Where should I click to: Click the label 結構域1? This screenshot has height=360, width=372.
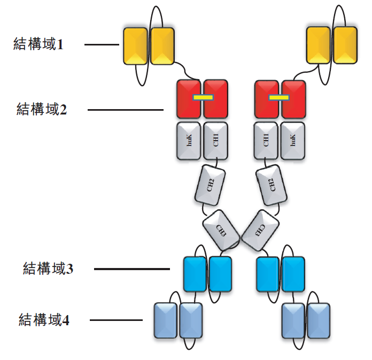tap(38, 44)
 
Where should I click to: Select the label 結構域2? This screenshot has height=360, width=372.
tap(42, 110)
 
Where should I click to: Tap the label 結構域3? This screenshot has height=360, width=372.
tap(48, 268)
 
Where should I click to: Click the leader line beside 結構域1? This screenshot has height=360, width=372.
tap(102, 45)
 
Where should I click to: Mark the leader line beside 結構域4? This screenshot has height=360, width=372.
tap(116, 320)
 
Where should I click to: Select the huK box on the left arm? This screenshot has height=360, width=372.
tap(188, 141)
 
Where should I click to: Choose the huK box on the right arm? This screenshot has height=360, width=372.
tap(292, 141)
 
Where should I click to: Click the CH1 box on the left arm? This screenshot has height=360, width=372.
tap(215, 141)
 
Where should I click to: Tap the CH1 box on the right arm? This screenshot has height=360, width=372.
tap(266, 141)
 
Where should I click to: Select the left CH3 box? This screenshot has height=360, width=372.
tap(220, 230)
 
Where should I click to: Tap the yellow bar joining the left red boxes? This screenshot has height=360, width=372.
tap(202, 97)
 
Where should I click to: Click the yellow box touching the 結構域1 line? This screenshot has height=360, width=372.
tap(135, 46)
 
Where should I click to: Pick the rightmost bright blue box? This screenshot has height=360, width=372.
tap(293, 274)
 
